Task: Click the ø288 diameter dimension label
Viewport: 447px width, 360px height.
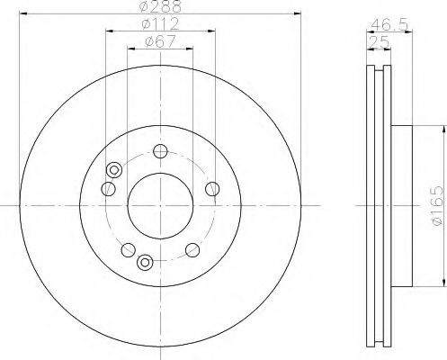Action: (160, 6)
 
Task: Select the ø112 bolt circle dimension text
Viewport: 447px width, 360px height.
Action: (160, 24)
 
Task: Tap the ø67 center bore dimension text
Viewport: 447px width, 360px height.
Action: (160, 41)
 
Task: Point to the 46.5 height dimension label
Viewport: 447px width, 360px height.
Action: (389, 25)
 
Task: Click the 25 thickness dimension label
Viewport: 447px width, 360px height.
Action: (379, 41)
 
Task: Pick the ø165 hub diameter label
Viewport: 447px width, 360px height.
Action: (436, 205)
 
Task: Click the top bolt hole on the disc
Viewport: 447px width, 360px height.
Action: (160, 151)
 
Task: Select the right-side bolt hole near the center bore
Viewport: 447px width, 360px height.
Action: (212, 189)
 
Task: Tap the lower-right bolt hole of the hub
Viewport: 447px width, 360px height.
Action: (192, 250)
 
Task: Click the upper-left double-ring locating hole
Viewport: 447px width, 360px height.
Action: (114, 170)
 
